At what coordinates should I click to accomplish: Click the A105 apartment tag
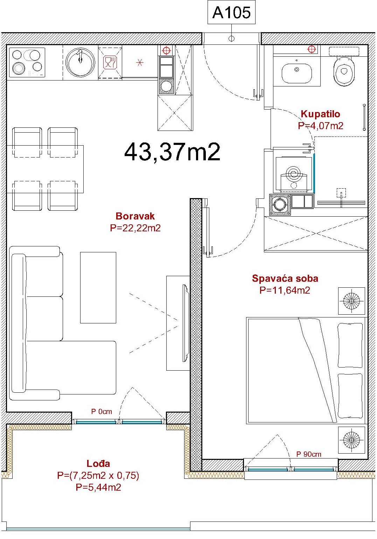231,13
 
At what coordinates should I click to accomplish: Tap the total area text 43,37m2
172,152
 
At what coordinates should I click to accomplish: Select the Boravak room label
135,216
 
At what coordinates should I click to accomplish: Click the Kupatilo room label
320,114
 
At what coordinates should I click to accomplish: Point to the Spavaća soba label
285,278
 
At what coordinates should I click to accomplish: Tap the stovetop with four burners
27,63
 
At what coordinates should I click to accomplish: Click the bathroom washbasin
296,73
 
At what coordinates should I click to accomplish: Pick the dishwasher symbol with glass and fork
110,63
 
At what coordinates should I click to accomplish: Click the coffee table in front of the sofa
98,288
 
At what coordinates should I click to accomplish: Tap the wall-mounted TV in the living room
185,323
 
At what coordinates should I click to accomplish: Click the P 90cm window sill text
309,454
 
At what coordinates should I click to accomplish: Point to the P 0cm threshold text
102,412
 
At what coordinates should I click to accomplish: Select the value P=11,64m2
285,290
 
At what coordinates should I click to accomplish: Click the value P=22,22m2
135,228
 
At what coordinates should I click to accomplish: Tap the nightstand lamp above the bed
351,301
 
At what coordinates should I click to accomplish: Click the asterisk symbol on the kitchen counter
140,63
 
